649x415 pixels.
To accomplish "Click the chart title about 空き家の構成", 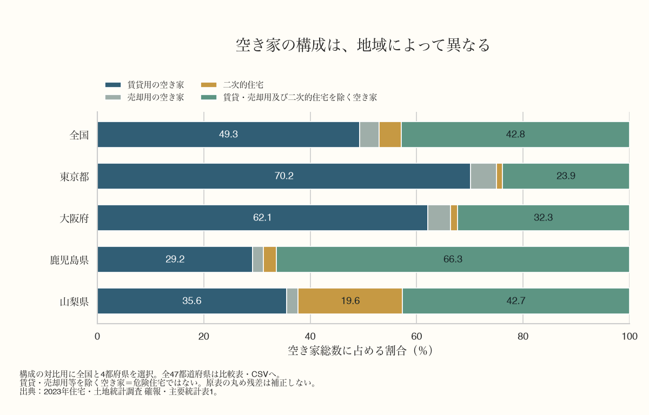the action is [363, 45].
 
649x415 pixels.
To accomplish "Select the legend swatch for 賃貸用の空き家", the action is [113, 85].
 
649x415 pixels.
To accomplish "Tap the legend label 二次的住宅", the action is [243, 85].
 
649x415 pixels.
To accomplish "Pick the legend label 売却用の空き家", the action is [156, 97].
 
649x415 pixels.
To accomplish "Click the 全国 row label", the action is [79, 135].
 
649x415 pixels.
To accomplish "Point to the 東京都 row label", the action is [74, 177].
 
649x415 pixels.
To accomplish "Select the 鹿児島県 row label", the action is [69, 260].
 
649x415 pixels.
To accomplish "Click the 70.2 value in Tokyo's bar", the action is [284, 176].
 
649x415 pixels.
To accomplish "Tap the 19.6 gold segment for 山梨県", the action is [350, 301].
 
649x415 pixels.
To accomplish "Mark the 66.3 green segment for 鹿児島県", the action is [453, 259].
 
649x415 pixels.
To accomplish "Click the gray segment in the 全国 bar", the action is [369, 135].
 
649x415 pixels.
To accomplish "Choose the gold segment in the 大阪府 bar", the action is [454, 218].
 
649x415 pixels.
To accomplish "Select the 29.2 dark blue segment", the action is [175, 259].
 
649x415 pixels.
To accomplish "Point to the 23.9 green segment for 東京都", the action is [566, 176].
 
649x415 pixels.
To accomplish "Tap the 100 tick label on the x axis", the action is [630, 336].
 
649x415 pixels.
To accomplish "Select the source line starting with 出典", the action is [119, 392].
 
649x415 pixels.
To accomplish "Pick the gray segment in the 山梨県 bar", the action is [292, 301].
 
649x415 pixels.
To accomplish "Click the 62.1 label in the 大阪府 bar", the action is [262, 218].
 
